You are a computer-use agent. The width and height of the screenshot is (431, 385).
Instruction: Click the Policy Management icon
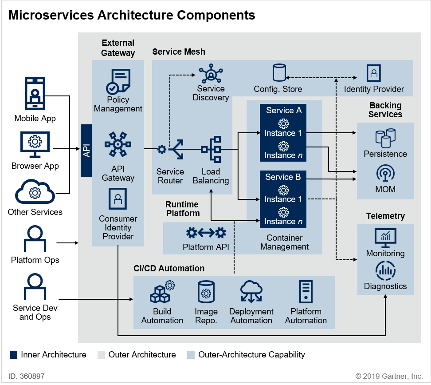pos(118,81)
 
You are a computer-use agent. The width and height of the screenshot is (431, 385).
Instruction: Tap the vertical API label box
pos(86,150)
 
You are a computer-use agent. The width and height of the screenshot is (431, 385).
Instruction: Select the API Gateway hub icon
pos(118,144)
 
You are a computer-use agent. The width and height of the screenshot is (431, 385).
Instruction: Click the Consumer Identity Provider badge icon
pos(118,198)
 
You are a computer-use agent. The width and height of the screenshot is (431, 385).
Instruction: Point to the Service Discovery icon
pos(211,74)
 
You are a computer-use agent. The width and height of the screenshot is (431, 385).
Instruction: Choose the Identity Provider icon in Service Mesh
pos(374,73)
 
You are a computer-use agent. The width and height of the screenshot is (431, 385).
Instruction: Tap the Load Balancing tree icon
pos(211,149)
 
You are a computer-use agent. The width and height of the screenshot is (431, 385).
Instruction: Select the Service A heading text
pos(284,111)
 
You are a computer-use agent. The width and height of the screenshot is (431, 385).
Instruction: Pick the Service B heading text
pos(283,177)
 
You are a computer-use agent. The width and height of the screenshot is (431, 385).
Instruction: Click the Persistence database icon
pos(385,138)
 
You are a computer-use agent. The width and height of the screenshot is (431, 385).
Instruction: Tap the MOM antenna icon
pos(385,174)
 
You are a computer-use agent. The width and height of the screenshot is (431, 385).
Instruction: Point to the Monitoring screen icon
pos(385,238)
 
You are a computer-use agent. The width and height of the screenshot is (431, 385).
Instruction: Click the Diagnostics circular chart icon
pos(385,271)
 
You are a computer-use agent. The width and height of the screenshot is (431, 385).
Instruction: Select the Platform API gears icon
pos(206,232)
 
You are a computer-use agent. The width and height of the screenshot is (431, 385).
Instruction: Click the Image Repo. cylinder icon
pos(206,292)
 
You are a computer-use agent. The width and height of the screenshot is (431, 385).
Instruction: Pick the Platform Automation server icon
pos(306,292)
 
